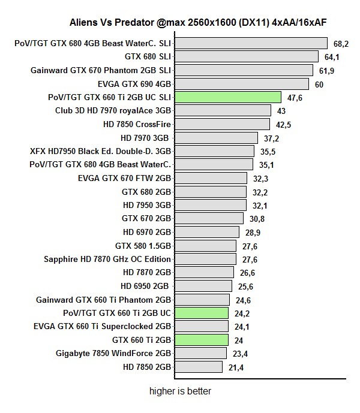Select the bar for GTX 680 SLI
[x=246, y=56]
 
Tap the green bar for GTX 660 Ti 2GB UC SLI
[x=227, y=97]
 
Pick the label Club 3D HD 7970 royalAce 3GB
[x=113, y=111]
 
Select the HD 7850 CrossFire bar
[x=221, y=124]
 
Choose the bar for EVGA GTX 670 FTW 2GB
[x=211, y=178]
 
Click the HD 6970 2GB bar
[x=207, y=232]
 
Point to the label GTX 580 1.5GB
[x=143, y=246]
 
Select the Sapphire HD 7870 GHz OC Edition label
[x=107, y=259]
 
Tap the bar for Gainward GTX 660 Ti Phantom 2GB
[x=202, y=300]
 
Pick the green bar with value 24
[x=201, y=340]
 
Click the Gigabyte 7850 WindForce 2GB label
[x=113, y=353]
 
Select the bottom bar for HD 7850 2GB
[x=198, y=367]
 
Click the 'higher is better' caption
[x=181, y=391]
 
